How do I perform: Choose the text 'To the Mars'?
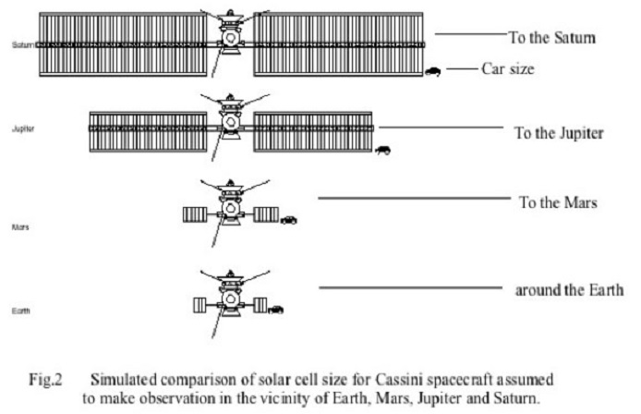562,201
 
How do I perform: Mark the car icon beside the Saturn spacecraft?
433,70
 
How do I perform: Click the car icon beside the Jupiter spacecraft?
381,148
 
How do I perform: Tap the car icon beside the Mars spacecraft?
290,219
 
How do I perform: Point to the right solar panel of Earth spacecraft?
259,305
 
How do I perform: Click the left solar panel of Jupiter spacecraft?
148,132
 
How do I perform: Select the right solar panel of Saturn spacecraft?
338,44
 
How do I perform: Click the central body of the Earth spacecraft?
226,303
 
